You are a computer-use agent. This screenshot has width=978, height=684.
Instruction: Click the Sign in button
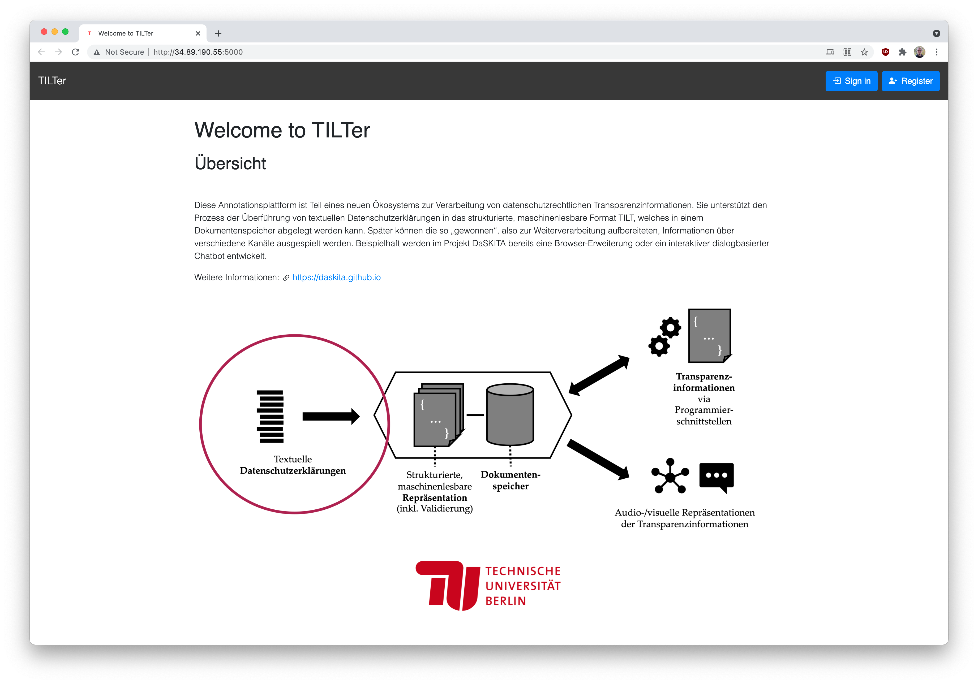point(851,81)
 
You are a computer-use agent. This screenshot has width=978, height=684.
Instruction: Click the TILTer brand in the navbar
point(52,81)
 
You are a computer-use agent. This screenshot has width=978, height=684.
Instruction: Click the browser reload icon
point(75,52)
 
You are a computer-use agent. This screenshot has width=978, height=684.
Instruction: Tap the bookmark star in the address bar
point(864,52)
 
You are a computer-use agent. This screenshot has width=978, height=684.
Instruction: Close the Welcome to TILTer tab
point(198,33)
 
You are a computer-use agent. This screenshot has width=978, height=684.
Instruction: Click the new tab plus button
point(218,33)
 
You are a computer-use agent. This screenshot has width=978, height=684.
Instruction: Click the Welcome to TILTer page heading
point(282,130)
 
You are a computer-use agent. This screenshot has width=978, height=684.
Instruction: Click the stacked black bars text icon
point(270,416)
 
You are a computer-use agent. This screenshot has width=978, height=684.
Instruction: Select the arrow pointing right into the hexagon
point(331,416)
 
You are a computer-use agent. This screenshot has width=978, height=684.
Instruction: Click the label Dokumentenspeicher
point(510,480)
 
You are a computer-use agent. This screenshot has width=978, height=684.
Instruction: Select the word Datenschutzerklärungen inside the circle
point(293,471)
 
